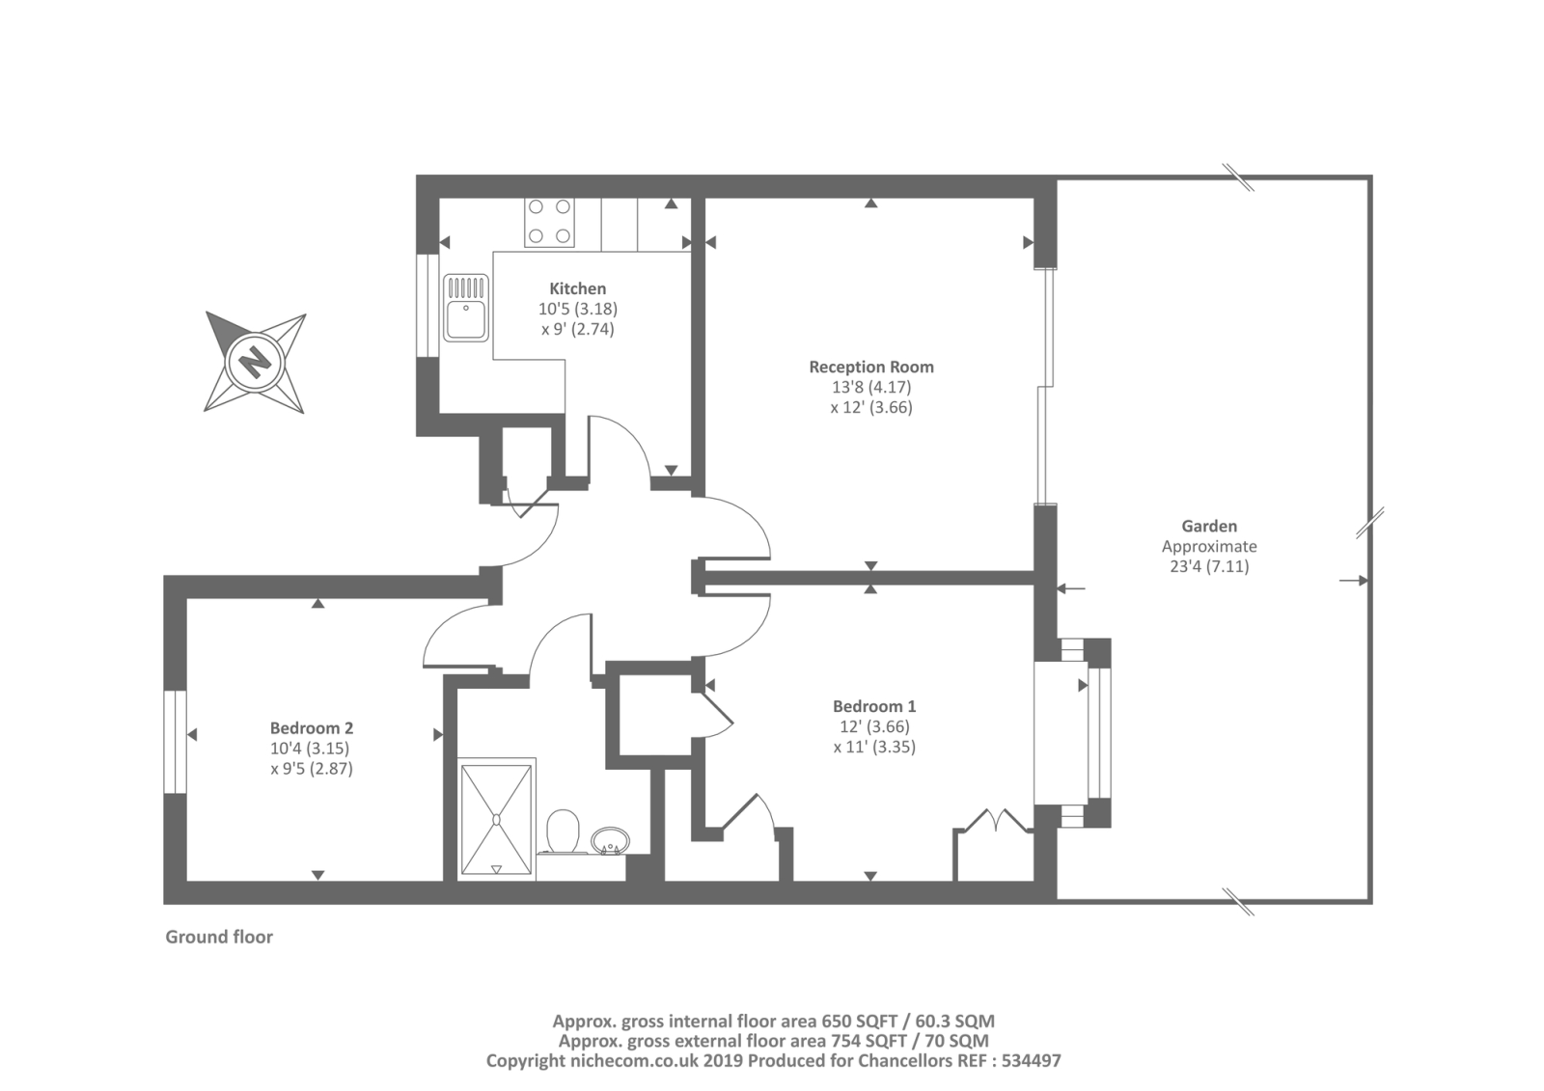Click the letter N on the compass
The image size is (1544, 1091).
[x=255, y=364]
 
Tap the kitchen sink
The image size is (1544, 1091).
[x=466, y=308]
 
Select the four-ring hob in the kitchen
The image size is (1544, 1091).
[x=549, y=221]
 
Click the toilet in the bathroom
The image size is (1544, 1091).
[x=563, y=832]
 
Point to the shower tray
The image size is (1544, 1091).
[x=497, y=819]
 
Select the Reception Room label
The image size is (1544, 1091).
[x=870, y=367]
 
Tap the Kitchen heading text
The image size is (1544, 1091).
[x=577, y=288]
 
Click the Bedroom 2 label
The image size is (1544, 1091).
[x=311, y=728]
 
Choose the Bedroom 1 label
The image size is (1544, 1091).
[x=874, y=706]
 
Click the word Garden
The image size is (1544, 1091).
[x=1209, y=526]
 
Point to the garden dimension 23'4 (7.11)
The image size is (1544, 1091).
[x=1209, y=566]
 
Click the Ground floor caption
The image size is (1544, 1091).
[x=219, y=937]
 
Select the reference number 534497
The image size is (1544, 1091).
[x=1030, y=1060]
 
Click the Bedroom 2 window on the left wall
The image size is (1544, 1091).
[x=175, y=742]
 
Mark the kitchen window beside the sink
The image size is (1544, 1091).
[x=427, y=305]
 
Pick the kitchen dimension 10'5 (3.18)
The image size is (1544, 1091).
[x=577, y=309]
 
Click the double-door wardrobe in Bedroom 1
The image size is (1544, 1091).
[x=994, y=849]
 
